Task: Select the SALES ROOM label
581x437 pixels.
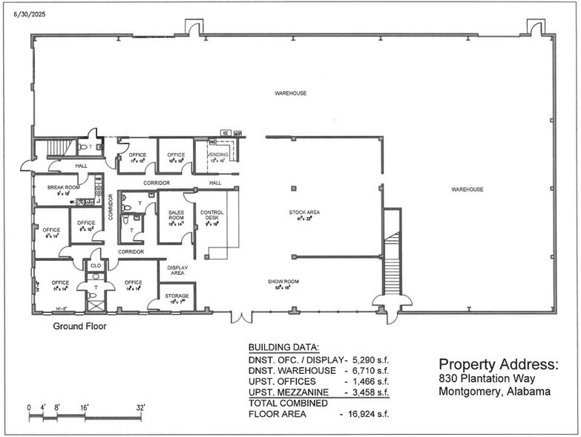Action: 176,215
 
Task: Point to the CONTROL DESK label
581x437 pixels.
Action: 211,215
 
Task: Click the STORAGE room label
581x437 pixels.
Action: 177,296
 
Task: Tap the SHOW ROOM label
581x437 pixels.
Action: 282,281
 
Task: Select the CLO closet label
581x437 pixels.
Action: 95,265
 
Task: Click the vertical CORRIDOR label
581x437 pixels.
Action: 111,207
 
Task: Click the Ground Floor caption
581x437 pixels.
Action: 79,326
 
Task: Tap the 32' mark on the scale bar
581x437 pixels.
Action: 140,407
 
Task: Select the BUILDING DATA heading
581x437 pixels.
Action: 283,347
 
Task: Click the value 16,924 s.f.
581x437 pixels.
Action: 364,413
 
